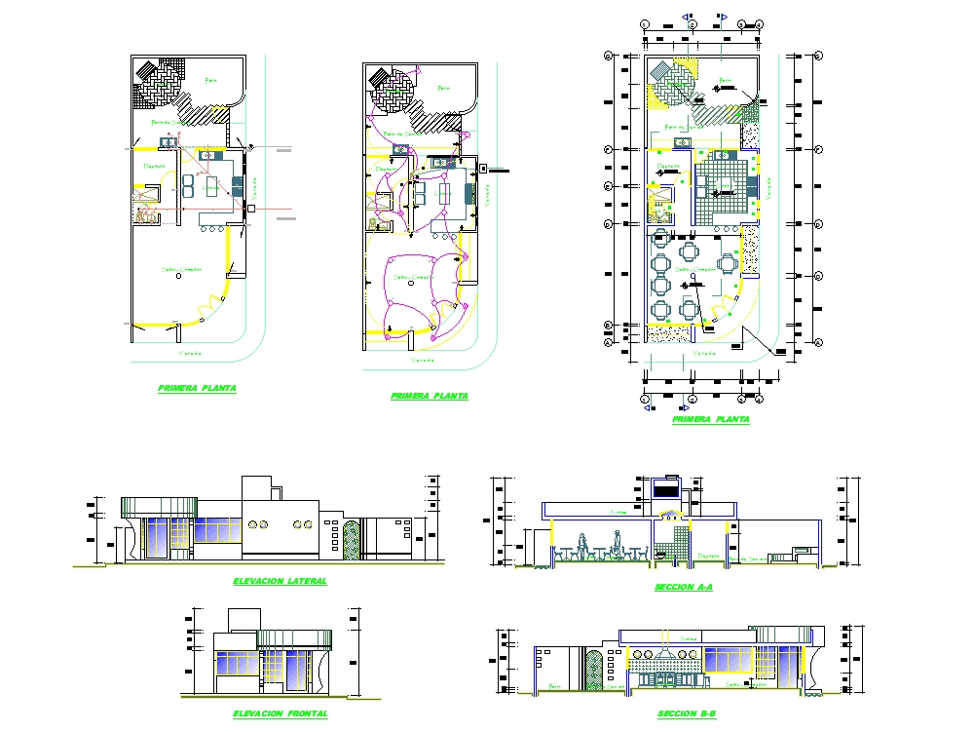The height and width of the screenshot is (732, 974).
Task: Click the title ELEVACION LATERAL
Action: click(280, 581)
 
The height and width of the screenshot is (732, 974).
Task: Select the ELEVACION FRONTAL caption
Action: click(280, 714)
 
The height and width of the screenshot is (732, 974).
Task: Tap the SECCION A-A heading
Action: click(684, 588)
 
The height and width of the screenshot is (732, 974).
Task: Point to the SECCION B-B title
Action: click(686, 714)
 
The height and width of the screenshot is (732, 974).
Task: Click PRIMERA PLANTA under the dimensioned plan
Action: click(711, 419)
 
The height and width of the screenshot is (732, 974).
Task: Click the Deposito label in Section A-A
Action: click(708, 557)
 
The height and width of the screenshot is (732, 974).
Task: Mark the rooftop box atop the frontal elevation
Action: click(243, 620)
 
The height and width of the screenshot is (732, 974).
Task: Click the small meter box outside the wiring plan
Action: click(482, 169)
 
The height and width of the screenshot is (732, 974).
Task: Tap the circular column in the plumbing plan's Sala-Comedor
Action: click(178, 277)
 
